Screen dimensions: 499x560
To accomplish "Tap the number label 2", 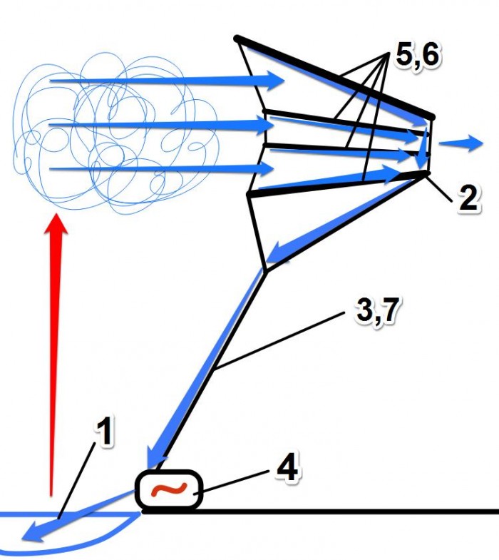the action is coord(468,198).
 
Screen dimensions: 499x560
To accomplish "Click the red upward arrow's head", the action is coord(56,224).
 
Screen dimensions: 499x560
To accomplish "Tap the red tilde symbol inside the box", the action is coord(169,489).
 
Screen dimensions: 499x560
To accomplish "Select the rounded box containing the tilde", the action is coord(169,489).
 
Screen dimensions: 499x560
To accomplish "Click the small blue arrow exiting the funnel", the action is coord(461,143).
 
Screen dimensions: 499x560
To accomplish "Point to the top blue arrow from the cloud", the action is coord(167,81).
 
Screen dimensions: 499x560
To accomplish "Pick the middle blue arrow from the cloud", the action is coord(161,124).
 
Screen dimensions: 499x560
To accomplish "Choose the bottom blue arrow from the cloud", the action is coord(161,168).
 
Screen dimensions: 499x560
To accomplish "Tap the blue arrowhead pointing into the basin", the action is coord(36,532).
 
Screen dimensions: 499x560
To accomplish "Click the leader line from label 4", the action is coord(231,483).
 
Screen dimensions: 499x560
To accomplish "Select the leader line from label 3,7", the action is coord(279,340).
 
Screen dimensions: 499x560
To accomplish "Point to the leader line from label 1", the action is coord(77,480).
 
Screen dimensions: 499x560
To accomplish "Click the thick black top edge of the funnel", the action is coord(334,77).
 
